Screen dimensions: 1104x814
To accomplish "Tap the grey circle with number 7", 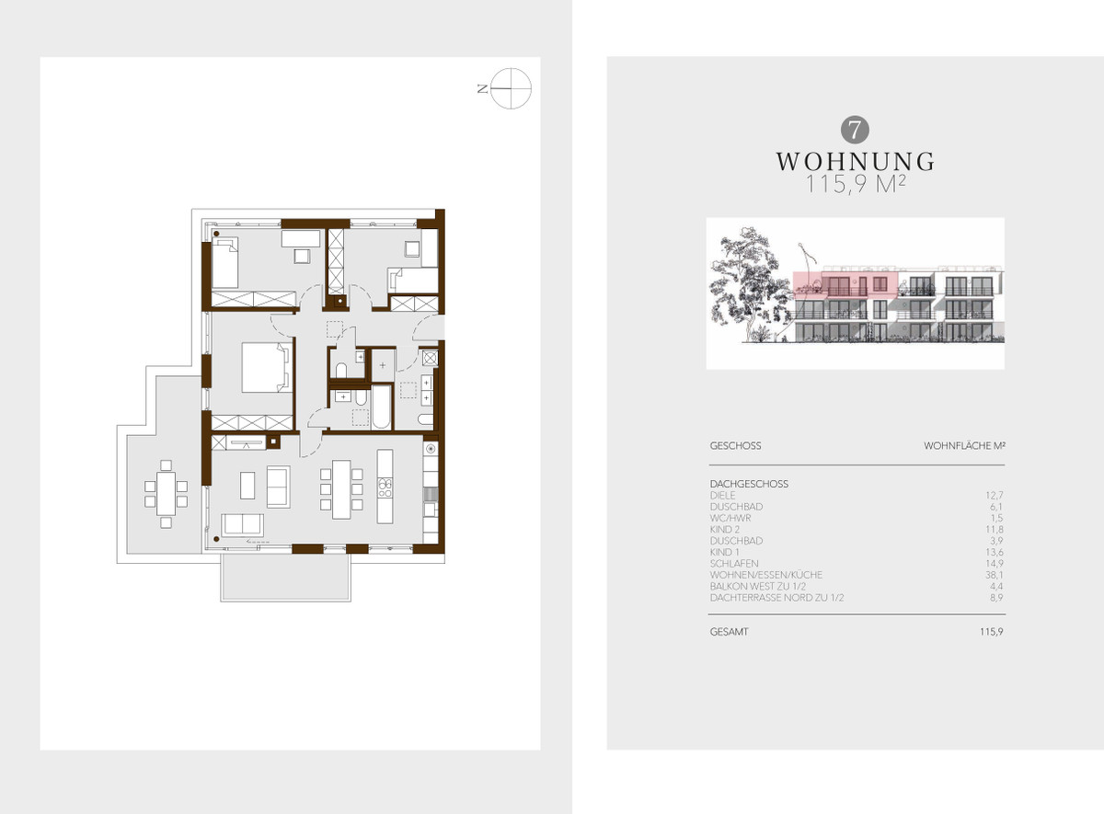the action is coord(855,130).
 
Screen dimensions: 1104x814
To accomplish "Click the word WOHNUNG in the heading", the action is coord(855,162).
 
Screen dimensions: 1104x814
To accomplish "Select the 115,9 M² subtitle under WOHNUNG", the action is coord(856,184).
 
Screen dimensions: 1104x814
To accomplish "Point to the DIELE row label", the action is coord(722,495).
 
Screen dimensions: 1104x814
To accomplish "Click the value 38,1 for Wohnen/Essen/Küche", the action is coord(995,575).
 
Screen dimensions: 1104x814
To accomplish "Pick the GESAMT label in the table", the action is coord(729,632).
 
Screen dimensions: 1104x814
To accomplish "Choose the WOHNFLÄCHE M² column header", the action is coord(964,446).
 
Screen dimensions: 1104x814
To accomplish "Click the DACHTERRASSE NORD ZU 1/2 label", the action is coord(776,598).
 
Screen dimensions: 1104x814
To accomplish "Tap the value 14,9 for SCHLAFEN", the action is coord(995,564).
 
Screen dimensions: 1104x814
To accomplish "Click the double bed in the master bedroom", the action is coord(266,368).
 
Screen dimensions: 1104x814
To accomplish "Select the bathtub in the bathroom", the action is coord(381,407).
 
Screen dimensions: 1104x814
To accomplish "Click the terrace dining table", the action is coord(167,494).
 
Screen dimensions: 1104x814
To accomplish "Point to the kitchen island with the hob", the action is coord(385,487).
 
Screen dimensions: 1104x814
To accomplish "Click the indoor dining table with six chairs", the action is coord(341,489).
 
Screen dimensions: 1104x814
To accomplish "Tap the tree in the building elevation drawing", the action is coord(748,285).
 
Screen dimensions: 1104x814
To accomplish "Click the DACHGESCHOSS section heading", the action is coord(749,484).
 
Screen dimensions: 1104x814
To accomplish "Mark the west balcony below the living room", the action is coord(285,578).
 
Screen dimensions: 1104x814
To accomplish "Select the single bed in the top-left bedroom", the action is coord(224,263).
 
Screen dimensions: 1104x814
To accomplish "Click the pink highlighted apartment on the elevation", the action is coord(845,285).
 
